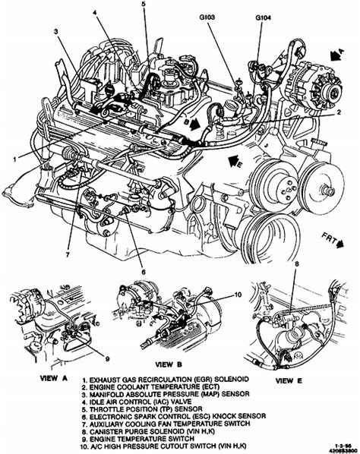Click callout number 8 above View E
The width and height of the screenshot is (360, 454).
point(297,263)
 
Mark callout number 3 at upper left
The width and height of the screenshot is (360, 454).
point(57,31)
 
